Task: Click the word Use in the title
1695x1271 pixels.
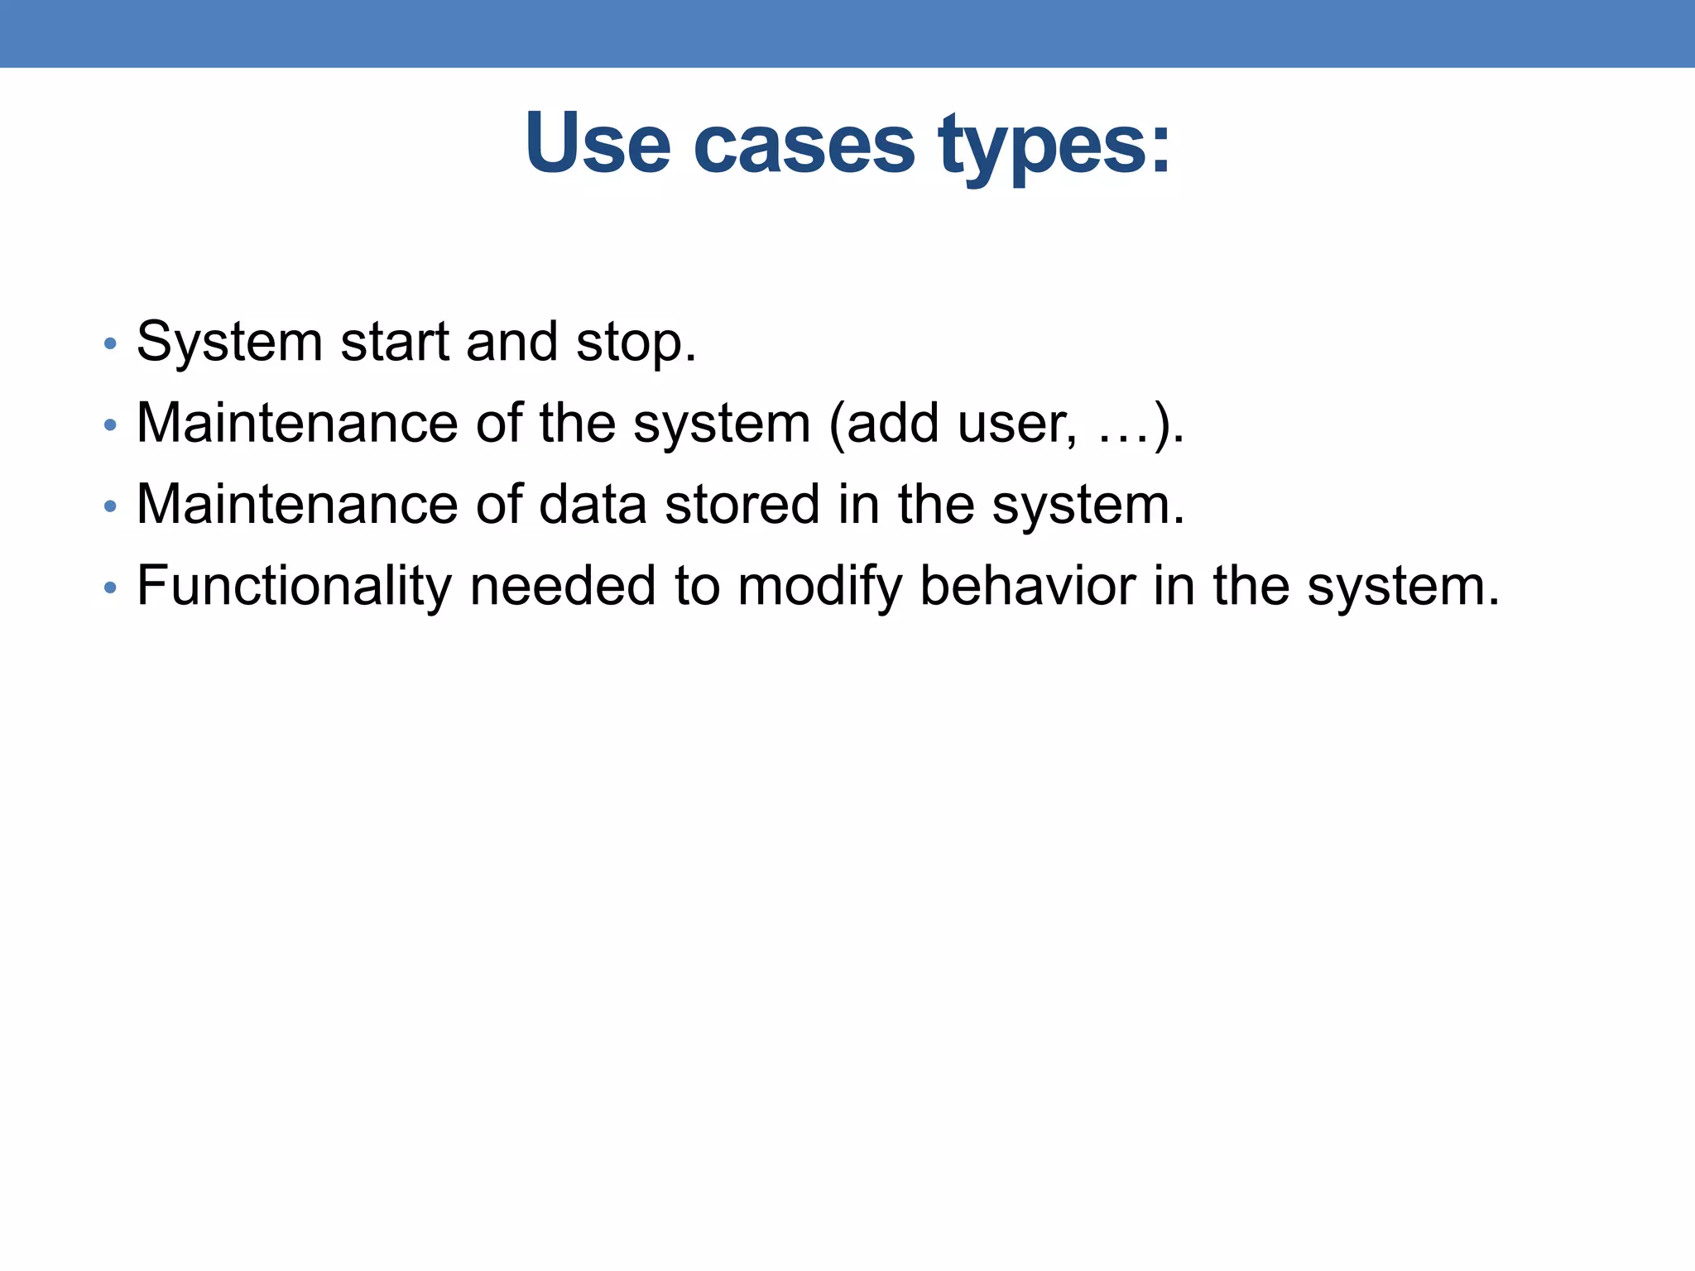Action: (x=597, y=144)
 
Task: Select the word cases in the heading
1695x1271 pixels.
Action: (x=804, y=146)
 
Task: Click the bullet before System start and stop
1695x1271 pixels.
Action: (x=110, y=343)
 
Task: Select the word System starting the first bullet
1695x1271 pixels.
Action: (x=229, y=342)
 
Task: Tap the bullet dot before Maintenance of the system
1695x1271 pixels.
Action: (x=110, y=425)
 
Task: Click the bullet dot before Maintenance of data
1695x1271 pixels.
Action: (x=110, y=506)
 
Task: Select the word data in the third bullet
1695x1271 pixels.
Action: (x=593, y=505)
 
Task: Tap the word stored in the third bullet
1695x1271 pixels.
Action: (x=742, y=505)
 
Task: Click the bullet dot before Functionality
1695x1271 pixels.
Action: (x=110, y=588)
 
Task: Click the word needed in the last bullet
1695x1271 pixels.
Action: (x=563, y=586)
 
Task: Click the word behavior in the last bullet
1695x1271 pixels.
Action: (x=1027, y=586)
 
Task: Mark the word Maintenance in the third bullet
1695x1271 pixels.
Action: (x=296, y=505)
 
